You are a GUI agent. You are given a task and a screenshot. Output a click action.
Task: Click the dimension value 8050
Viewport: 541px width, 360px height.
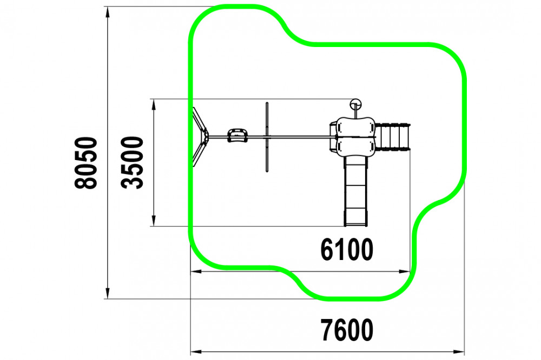coord(86,163)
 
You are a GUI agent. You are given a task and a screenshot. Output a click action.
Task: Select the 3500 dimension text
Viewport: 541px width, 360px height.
coord(132,162)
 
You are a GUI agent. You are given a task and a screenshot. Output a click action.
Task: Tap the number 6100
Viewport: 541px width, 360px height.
coord(347,249)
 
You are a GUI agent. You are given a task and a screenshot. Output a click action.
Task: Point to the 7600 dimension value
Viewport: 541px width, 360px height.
coord(347,330)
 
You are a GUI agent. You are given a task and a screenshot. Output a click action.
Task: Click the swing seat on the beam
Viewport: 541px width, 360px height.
coord(237,136)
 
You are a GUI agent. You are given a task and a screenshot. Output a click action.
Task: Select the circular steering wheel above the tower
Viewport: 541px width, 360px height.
coord(356,104)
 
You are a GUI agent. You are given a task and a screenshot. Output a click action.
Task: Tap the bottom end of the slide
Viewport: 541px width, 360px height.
coord(356,225)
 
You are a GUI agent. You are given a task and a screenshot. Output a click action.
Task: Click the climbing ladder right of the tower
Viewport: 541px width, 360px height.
coord(393,137)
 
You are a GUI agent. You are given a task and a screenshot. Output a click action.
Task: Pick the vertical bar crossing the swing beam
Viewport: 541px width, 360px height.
coord(267,137)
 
